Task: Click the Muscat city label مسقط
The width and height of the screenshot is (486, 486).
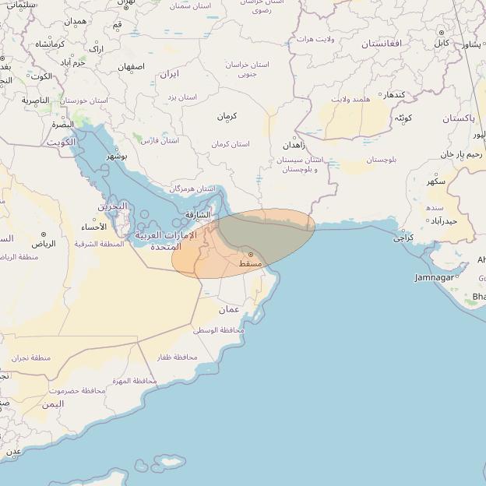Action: pos(249,265)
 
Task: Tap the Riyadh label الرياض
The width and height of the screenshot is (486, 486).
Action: pos(44,243)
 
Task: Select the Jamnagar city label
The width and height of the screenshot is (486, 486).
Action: pos(435,277)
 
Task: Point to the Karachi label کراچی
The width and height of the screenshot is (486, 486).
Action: pos(403,238)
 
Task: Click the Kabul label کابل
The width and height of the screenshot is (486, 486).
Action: pos(441,43)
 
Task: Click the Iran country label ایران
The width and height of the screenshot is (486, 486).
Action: pos(169,74)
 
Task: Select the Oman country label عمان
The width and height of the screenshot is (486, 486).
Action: pos(228,309)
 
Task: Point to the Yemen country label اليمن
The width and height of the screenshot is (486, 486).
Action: pos(53,404)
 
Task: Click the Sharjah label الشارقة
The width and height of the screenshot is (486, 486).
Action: pos(198,215)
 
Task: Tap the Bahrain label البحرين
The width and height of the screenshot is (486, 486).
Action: pos(112,206)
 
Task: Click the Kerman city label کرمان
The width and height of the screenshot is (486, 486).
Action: pos(227,116)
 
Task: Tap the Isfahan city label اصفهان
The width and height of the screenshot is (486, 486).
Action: pos(131,67)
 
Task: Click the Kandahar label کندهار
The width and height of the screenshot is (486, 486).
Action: pos(394,94)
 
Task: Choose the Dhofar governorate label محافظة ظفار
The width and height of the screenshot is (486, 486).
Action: pos(176,357)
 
